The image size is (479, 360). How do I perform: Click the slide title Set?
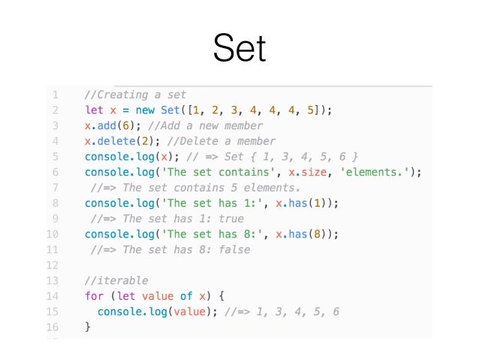pyautogui.click(x=239, y=49)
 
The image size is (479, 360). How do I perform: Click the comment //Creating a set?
pyautogui.click(x=135, y=95)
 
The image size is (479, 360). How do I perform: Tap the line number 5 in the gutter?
pyautogui.click(x=54, y=156)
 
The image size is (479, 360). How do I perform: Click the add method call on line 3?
pyautogui.click(x=106, y=126)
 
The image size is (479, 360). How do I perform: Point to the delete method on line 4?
pyautogui.click(x=115, y=141)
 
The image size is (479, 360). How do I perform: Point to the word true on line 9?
pyautogui.click(x=230, y=219)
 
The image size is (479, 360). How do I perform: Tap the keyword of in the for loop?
pyautogui.click(x=185, y=296)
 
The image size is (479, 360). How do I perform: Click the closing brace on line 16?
pyautogui.click(x=88, y=327)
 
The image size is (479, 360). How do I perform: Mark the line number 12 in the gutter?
pyautogui.click(x=53, y=265)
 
